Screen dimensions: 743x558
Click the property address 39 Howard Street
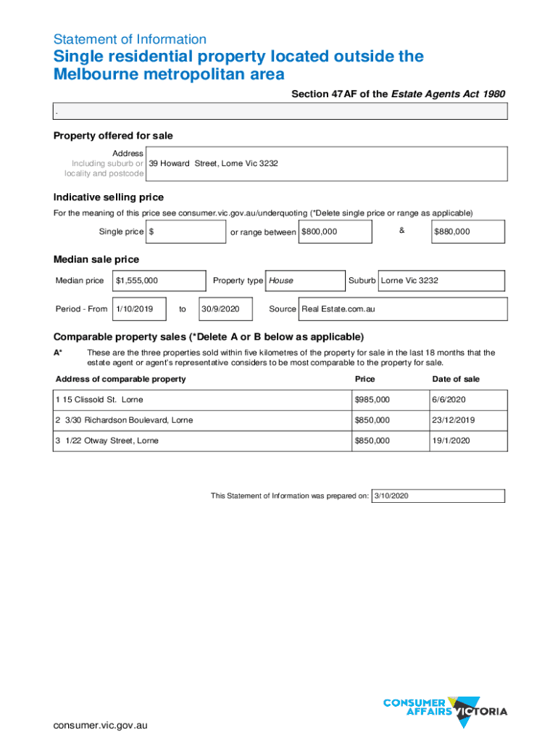tap(214, 163)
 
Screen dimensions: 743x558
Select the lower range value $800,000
tap(319, 231)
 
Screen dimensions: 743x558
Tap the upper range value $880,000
tap(451, 231)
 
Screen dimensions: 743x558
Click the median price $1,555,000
tap(137, 280)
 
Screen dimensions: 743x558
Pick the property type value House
tap(281, 280)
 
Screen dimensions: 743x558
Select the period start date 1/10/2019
tap(134, 309)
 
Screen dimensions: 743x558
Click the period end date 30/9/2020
tap(220, 309)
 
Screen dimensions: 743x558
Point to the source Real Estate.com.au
tap(338, 309)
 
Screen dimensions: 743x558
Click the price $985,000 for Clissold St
tap(372, 400)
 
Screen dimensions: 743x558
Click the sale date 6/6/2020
tap(449, 400)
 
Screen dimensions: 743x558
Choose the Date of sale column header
tap(456, 379)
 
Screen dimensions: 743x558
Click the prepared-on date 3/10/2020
tap(391, 496)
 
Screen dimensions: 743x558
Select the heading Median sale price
tap(96, 259)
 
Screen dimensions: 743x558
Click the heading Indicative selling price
tap(109, 197)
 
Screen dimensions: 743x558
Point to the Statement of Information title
tap(130, 39)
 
